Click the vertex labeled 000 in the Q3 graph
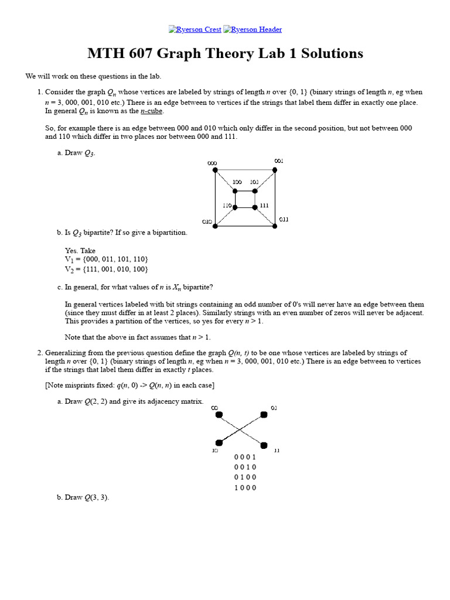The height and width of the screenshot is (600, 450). (215, 170)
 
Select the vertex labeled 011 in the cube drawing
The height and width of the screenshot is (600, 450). (275, 226)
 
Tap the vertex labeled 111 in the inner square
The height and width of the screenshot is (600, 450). (255, 207)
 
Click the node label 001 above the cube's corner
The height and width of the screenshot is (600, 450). (279, 161)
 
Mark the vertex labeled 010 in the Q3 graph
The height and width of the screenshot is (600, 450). (215, 226)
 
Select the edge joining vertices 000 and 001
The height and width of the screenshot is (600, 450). (245, 170)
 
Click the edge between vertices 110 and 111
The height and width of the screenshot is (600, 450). (245, 207)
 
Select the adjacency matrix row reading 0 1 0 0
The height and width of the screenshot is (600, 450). (245, 478)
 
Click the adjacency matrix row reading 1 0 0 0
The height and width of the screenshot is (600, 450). (245, 488)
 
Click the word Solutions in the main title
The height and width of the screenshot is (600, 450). (330, 54)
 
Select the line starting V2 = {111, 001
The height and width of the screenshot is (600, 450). (106, 269)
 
